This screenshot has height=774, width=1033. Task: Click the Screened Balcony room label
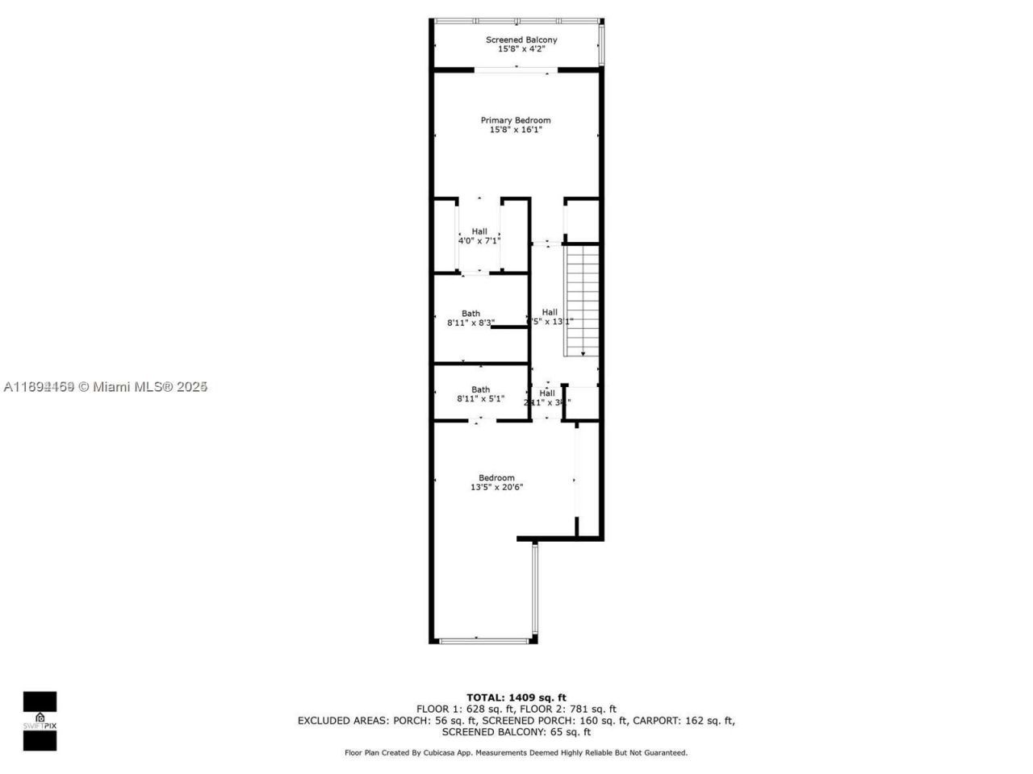tap(521, 40)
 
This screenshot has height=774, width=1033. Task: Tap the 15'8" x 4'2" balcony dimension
tap(521, 49)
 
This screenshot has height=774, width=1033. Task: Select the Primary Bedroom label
tap(516, 120)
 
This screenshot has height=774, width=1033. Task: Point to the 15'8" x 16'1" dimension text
tap(516, 130)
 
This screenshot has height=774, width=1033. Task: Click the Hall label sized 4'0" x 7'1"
tap(479, 231)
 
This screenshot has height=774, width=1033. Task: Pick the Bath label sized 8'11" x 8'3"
tap(470, 314)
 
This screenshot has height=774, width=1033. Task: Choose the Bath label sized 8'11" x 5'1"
tap(480, 389)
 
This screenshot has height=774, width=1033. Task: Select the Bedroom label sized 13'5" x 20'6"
tap(496, 477)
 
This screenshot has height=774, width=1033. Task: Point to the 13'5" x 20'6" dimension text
tap(497, 487)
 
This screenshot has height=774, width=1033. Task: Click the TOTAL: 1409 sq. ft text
tap(516, 697)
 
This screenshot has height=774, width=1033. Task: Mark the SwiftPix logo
tap(40, 721)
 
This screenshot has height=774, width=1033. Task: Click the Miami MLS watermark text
tap(106, 387)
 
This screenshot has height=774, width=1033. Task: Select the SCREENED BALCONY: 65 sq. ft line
tap(516, 732)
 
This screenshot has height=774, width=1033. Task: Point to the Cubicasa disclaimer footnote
tap(516, 753)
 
